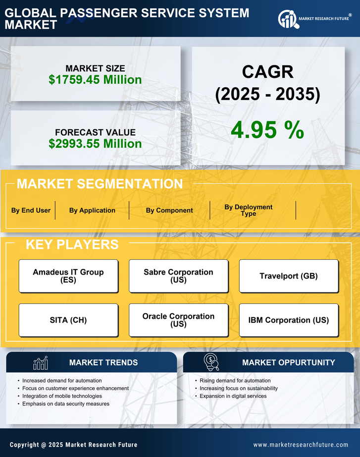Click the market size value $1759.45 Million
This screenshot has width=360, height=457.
pos(95,80)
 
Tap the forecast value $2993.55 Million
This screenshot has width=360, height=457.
pos(95,144)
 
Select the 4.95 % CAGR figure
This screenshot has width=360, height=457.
pos(267,130)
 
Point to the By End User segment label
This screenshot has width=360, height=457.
pos(31,210)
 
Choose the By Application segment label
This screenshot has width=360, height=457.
pos(92,210)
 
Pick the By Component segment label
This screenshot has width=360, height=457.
pos(169,210)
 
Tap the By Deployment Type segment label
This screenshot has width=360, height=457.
pos(249,210)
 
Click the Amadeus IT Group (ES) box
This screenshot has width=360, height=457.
pos(68,276)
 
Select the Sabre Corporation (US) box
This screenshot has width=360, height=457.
pos(178,276)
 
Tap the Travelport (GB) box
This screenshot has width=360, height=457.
pos(289,276)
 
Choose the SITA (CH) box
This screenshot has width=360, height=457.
pos(68,320)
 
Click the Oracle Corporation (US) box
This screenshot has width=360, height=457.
pos(178,320)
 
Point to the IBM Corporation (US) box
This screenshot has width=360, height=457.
pos(289,320)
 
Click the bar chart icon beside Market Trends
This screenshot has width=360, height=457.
pos(41,363)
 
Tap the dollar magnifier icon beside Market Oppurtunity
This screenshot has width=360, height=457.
pos(211,362)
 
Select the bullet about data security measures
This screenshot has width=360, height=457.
pos(66,404)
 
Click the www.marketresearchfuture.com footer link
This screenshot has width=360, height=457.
pos(301,445)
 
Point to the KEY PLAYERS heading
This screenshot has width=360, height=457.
pos(72,244)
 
